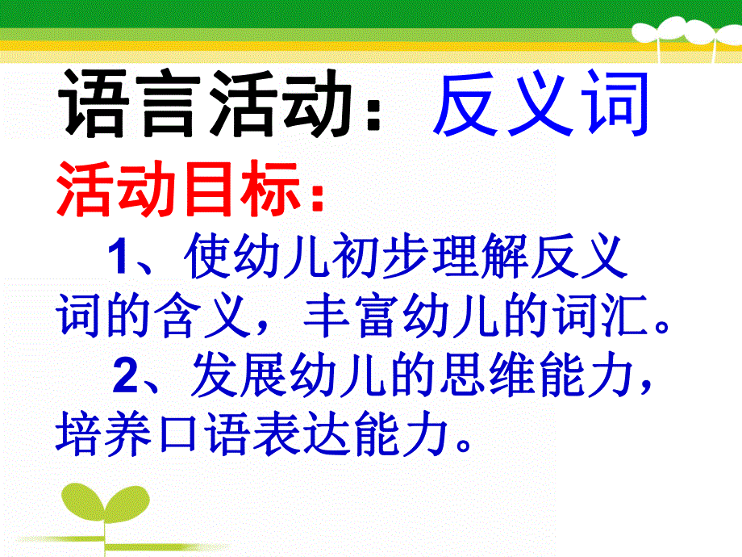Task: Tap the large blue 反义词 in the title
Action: pyautogui.click(x=540, y=106)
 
